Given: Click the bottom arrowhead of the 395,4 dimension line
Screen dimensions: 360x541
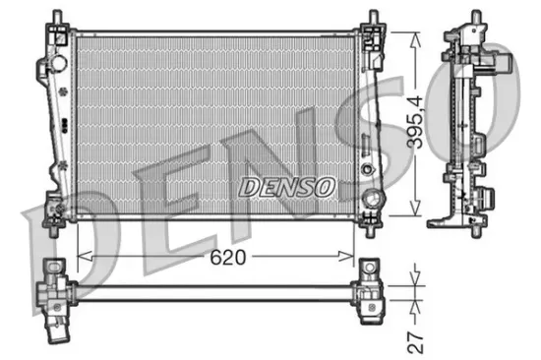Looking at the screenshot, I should pyautogui.click(x=416, y=210).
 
